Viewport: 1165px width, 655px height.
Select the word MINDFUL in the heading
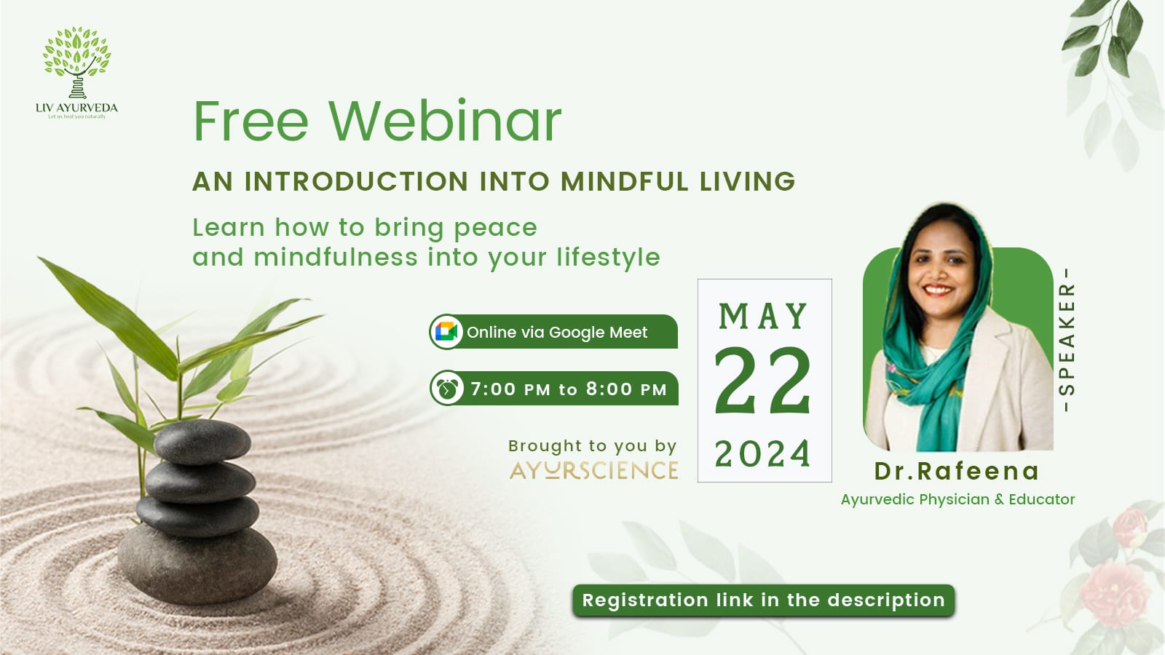pos(625,181)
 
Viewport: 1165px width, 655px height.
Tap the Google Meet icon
pos(446,332)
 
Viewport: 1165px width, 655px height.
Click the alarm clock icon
pos(447,389)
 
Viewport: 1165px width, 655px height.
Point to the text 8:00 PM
pos(626,389)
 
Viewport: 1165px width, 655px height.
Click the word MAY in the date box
pos(763,316)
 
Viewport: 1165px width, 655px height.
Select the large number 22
pos(763,381)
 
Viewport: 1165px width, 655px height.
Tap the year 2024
pos(763,454)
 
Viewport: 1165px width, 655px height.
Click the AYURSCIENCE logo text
pos(594,470)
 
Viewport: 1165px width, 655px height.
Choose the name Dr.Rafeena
pos(957,471)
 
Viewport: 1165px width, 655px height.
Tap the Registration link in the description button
pos(764,600)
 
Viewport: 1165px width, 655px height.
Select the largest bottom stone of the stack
pos(197,563)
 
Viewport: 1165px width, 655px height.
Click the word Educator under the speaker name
pos(1042,499)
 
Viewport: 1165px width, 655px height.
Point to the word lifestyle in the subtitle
pos(609,258)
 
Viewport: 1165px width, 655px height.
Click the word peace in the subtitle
pos(496,229)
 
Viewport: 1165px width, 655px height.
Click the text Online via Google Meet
pos(557,332)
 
